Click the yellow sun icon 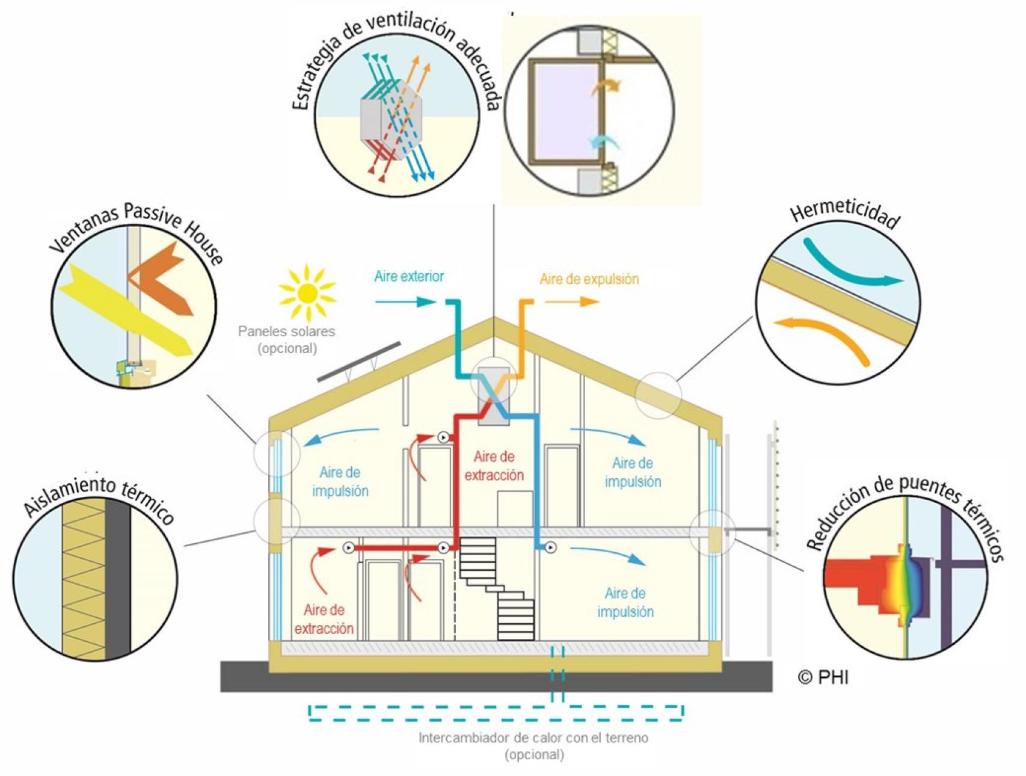(x=307, y=292)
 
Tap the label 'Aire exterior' (x=409, y=276)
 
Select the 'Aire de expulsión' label (x=589, y=279)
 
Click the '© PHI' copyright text (x=823, y=677)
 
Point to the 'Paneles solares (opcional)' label (x=287, y=339)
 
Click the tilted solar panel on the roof (x=359, y=362)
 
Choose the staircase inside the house (x=497, y=588)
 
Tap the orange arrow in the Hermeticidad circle (x=827, y=334)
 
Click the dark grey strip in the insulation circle (x=118, y=579)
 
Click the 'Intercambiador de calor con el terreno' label (x=533, y=738)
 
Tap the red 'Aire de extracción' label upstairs (x=494, y=466)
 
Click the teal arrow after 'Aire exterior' (x=406, y=301)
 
